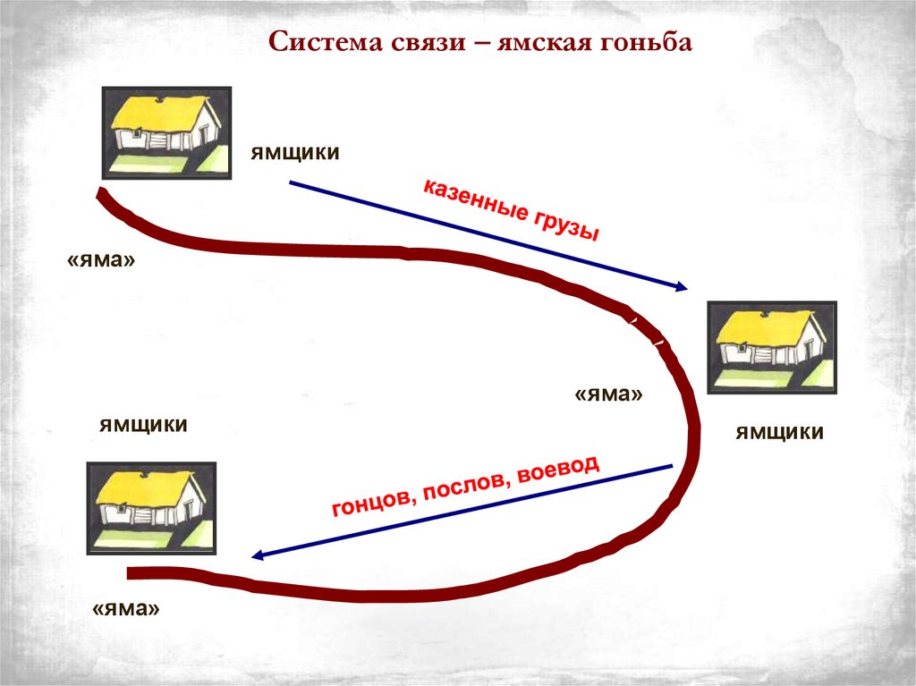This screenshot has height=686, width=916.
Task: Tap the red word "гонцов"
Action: pos(370,504)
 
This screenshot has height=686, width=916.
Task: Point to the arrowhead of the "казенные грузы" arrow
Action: pos(682,287)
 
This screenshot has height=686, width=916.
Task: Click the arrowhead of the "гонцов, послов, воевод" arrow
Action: pos(258,555)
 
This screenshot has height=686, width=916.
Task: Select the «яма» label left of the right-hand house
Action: pos(609,394)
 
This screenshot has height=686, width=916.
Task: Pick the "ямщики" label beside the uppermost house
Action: pos(294,153)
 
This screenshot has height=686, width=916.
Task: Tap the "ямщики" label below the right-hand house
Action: pos(779,433)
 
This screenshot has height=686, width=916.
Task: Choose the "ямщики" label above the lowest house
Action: pos(143,425)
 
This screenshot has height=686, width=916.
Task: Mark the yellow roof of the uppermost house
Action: pos(160,113)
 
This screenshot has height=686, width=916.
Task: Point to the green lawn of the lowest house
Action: pos(134,537)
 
